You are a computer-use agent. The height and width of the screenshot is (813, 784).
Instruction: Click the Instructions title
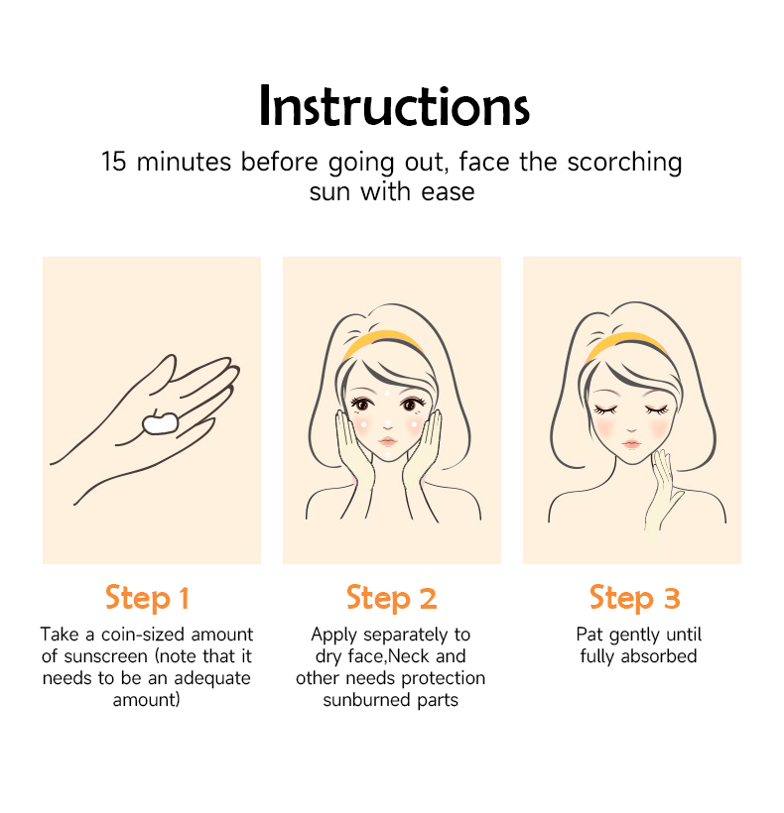coord(394,106)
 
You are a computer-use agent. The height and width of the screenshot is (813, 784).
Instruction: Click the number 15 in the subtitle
coord(114,162)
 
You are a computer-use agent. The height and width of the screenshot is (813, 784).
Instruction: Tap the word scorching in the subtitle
coord(624,164)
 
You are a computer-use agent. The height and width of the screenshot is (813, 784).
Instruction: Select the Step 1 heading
coord(147,598)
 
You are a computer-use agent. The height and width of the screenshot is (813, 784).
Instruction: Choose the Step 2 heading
coord(391,598)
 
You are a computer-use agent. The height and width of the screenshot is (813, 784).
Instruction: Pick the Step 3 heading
coord(634,598)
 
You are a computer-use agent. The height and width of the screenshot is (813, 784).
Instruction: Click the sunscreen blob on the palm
coord(161,422)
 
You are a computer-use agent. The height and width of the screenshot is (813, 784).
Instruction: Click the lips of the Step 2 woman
coord(388,441)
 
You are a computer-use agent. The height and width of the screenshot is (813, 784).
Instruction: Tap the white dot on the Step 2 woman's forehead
coord(387,394)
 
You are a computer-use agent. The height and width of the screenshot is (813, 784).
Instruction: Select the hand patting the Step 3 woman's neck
coord(663,493)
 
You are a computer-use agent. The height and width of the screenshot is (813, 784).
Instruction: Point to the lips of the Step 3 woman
coord(631,444)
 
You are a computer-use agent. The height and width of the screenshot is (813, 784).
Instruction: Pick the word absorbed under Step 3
coord(659,656)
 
